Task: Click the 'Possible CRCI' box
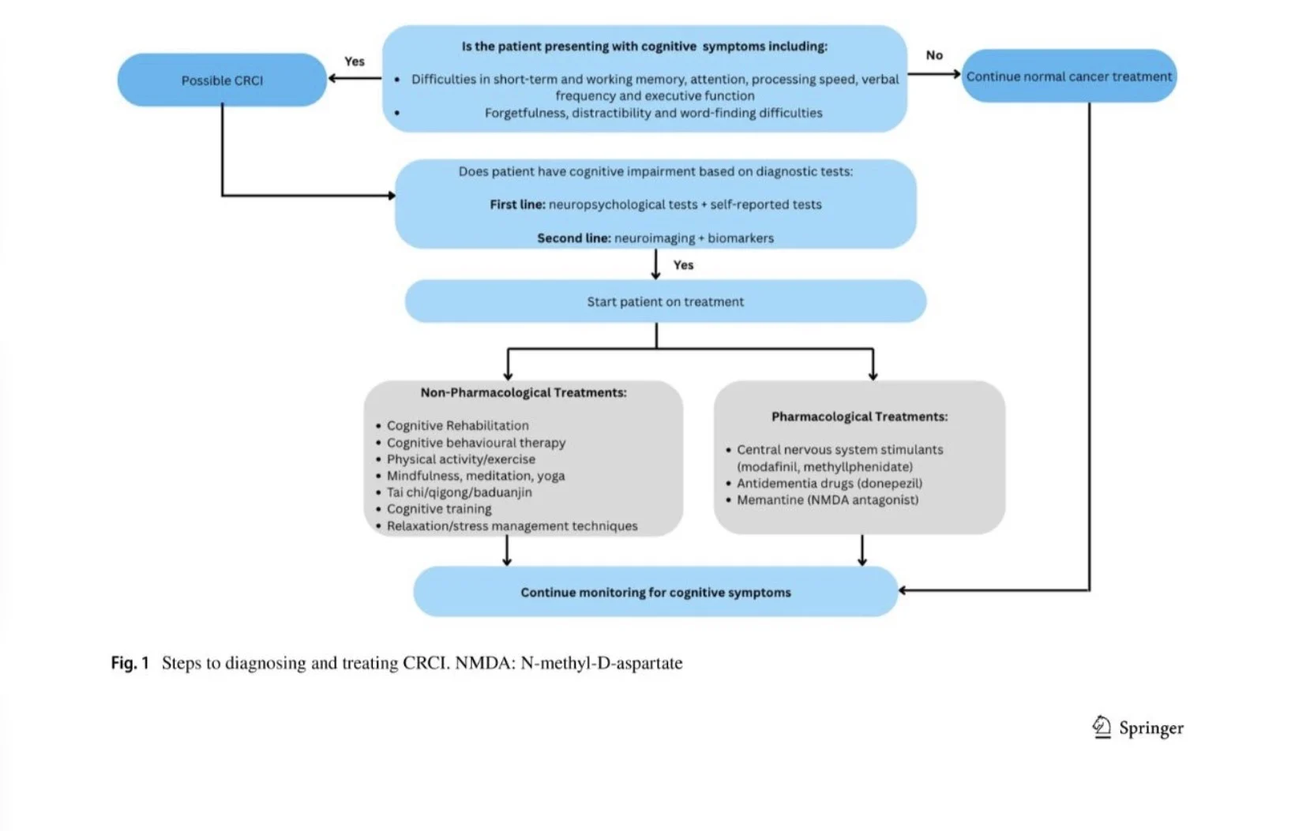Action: (x=222, y=80)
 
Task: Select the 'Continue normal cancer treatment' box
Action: (x=1069, y=76)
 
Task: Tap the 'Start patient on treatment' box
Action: (x=666, y=301)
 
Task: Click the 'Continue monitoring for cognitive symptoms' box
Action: (x=655, y=592)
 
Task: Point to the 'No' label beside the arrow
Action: (x=934, y=55)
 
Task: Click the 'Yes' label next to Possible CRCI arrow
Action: (x=355, y=62)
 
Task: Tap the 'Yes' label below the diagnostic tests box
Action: (x=683, y=264)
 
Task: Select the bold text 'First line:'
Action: (x=517, y=204)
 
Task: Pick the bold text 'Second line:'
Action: (x=573, y=238)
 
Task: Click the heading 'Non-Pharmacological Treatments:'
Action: (x=524, y=392)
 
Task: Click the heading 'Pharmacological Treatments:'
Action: (x=860, y=417)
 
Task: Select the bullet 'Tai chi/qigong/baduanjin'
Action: (x=459, y=492)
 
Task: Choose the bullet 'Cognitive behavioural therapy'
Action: (x=476, y=443)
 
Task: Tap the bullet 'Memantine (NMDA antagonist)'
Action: (x=828, y=500)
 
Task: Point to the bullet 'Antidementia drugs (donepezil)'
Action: (x=830, y=483)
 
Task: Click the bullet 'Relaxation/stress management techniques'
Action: (x=512, y=526)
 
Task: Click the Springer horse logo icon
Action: (x=1102, y=727)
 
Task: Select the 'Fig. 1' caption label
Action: (x=130, y=663)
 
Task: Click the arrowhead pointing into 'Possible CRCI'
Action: (x=332, y=78)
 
